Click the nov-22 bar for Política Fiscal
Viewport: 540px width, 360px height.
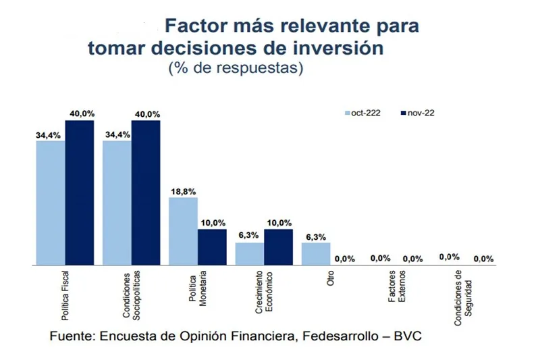click(x=79, y=192)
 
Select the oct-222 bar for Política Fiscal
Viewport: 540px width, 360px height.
click(x=51, y=203)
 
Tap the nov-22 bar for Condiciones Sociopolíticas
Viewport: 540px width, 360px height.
click(x=146, y=192)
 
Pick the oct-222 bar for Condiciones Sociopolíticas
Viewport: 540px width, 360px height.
click(x=117, y=203)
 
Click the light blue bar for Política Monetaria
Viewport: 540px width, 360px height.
click(x=183, y=231)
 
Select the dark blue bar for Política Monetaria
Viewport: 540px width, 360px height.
click(x=212, y=247)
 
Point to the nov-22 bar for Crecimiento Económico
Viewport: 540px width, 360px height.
click(x=278, y=247)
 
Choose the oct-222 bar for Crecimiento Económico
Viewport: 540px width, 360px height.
click(x=249, y=253)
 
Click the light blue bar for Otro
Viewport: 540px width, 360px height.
click(x=315, y=253)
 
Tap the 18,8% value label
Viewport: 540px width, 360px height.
click(x=183, y=191)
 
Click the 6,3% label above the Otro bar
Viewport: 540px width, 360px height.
click(x=315, y=237)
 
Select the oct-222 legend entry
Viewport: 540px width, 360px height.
click(x=362, y=113)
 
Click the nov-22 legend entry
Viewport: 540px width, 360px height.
click(x=416, y=113)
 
